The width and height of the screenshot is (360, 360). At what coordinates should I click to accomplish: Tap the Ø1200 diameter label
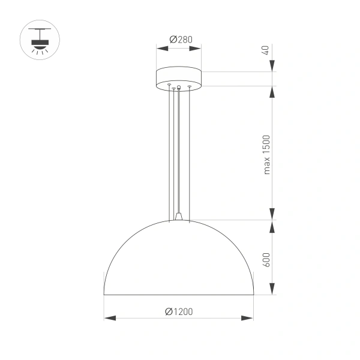178,311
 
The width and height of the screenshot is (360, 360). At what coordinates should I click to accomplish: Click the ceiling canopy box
178,78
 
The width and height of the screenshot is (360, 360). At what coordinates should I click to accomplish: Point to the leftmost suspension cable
169,150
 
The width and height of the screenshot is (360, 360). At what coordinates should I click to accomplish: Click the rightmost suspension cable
190,150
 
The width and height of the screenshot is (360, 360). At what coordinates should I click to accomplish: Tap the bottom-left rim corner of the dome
104,295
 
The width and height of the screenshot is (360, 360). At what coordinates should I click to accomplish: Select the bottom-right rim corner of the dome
253,295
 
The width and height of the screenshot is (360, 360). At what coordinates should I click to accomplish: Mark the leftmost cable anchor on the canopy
169,85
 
